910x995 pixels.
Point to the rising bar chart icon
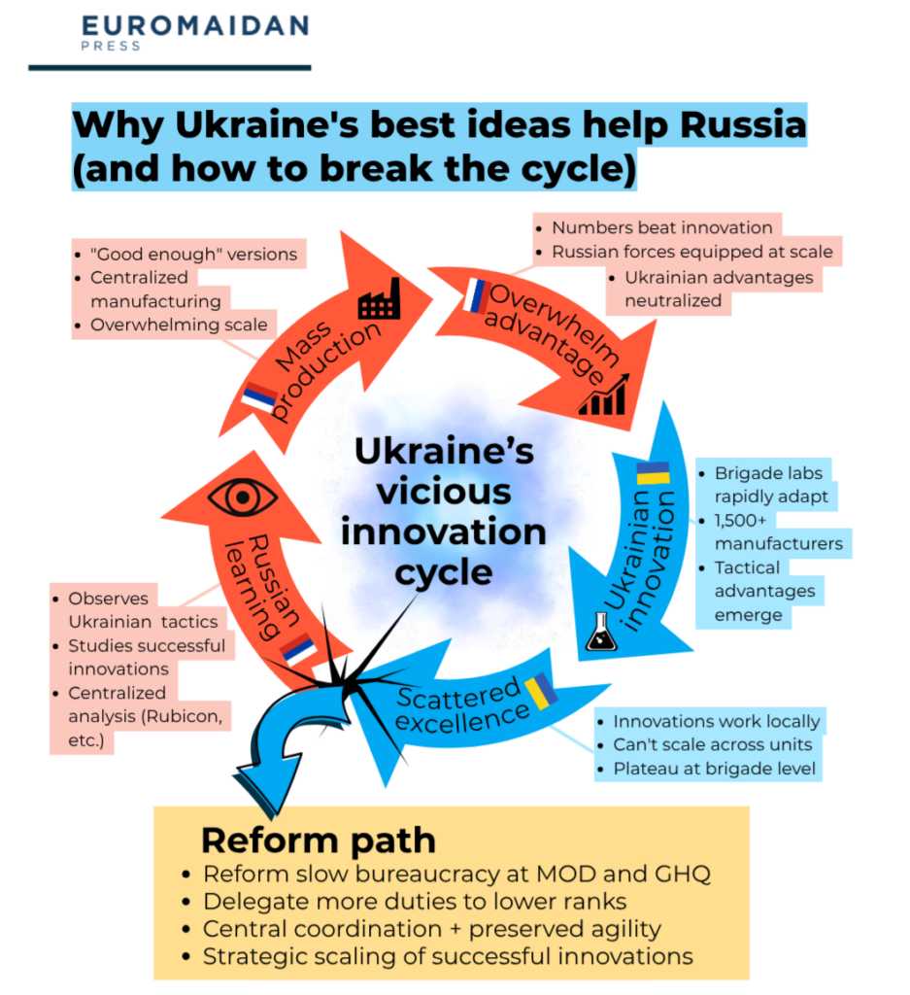point(603,396)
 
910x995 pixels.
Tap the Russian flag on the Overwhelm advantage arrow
point(476,294)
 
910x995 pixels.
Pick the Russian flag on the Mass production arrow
point(258,395)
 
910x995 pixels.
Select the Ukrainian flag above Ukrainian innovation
point(653,473)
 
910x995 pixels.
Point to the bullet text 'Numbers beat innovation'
point(661,228)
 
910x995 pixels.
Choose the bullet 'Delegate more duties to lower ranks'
point(416,901)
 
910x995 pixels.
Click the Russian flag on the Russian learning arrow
point(296,651)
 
